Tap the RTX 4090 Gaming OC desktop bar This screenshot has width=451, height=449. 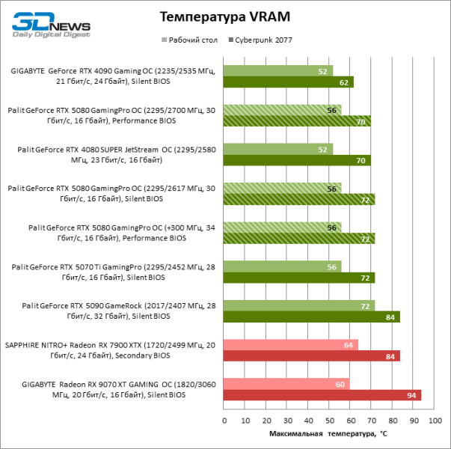point(278,71)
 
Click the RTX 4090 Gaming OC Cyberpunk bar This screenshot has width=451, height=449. point(289,82)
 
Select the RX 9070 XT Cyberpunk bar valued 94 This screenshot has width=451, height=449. point(322,395)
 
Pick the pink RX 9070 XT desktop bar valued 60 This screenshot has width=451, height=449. point(286,384)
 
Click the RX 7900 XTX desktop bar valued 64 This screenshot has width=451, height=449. point(291,345)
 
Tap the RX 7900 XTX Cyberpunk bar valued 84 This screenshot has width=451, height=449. point(312,356)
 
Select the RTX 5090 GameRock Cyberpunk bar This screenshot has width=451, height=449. point(312,317)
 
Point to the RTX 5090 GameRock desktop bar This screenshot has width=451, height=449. point(299,305)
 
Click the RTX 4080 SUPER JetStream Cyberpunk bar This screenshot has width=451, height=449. point(297,160)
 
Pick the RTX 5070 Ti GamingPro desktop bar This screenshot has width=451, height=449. point(283,266)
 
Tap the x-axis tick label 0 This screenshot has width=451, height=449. point(224,421)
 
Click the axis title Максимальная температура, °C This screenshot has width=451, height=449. point(327,434)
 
